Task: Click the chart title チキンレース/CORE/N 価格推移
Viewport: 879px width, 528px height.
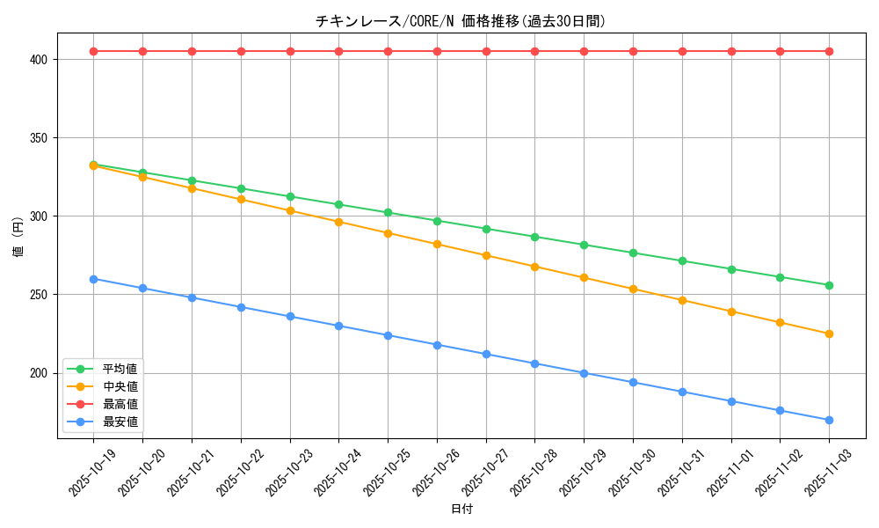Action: coord(461,21)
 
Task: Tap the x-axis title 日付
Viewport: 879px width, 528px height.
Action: coord(461,510)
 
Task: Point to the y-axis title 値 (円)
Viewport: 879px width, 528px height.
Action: coord(18,237)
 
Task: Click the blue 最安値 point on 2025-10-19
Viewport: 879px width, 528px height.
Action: coord(93,279)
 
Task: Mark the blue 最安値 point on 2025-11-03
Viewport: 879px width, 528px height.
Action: coord(829,420)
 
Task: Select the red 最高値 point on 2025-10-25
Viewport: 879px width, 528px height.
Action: coord(388,51)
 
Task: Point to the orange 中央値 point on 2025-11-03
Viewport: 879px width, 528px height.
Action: coord(829,334)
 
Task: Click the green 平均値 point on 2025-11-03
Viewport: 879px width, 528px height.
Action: coord(829,285)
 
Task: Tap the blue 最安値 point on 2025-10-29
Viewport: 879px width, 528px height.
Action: coord(584,373)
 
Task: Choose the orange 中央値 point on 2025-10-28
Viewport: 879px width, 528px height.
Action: coord(534,267)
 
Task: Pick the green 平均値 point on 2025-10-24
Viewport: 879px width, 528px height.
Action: coord(338,204)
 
